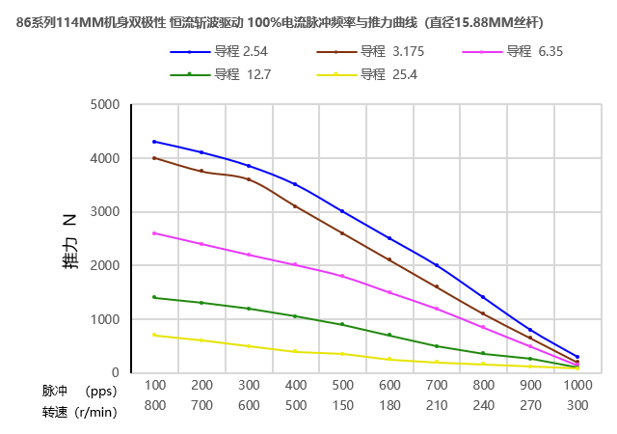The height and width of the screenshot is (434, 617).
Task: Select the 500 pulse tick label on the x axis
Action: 342,384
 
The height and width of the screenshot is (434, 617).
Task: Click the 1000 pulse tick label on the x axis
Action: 577,384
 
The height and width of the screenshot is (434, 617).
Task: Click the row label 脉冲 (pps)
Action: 79,392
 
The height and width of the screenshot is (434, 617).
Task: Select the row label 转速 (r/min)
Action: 79,412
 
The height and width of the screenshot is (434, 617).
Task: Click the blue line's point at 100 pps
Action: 154,142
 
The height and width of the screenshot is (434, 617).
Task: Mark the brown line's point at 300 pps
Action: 249,179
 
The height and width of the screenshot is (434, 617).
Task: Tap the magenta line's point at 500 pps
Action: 342,276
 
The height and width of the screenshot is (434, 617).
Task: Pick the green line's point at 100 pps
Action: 154,297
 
